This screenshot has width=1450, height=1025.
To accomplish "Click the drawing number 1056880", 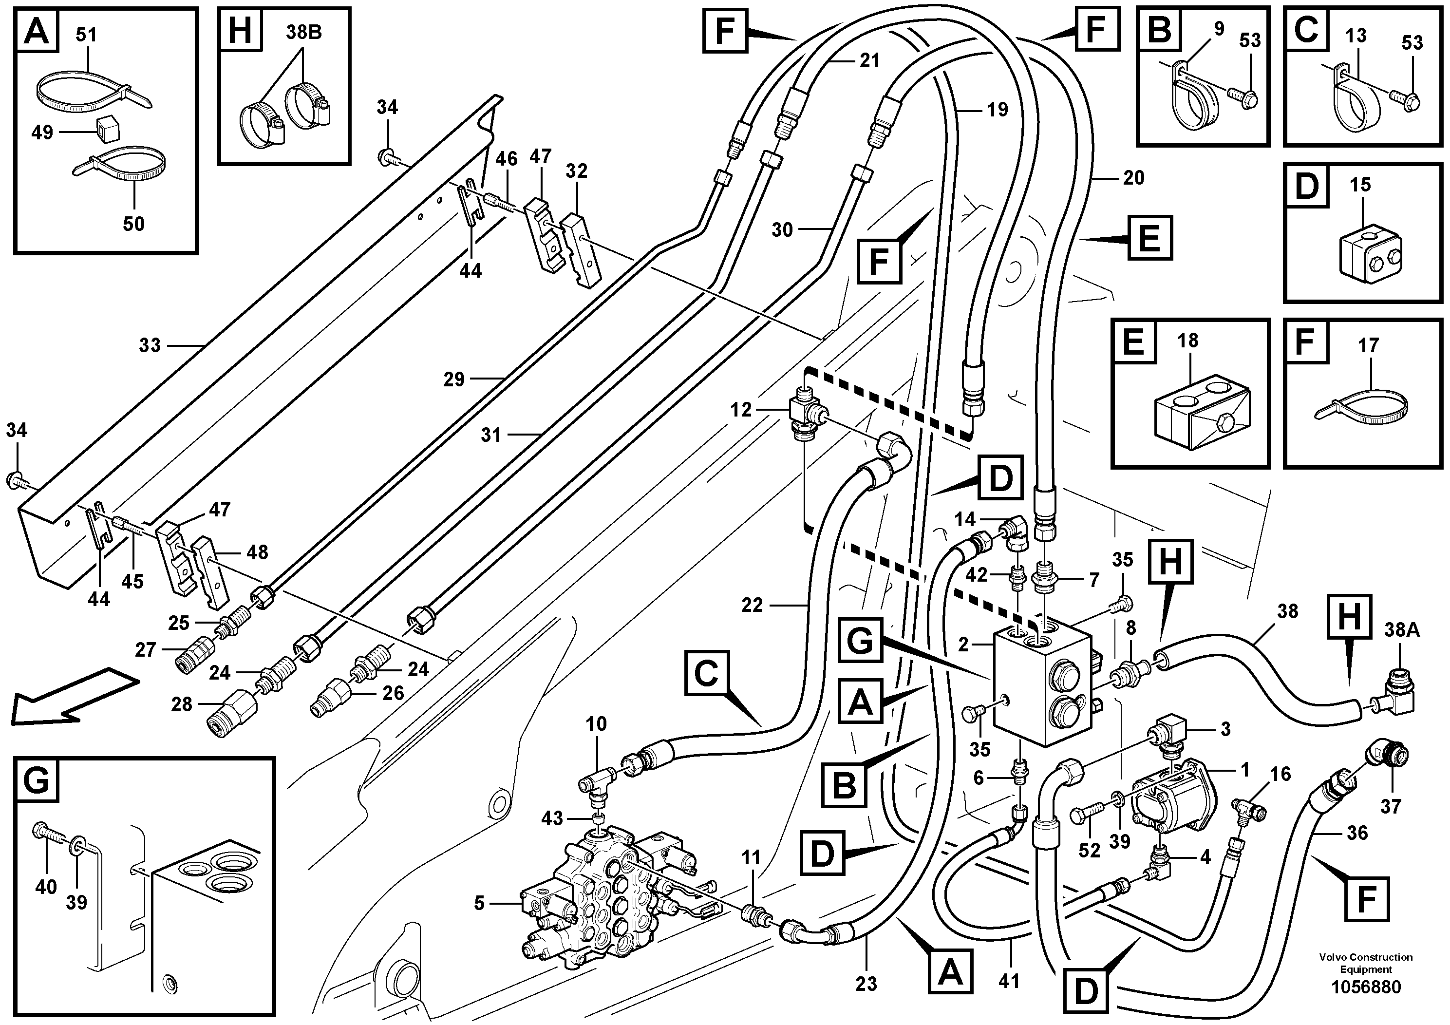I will [1365, 987].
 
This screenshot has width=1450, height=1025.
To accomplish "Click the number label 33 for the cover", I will [150, 345].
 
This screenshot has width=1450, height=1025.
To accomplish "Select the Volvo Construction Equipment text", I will [1365, 963].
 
